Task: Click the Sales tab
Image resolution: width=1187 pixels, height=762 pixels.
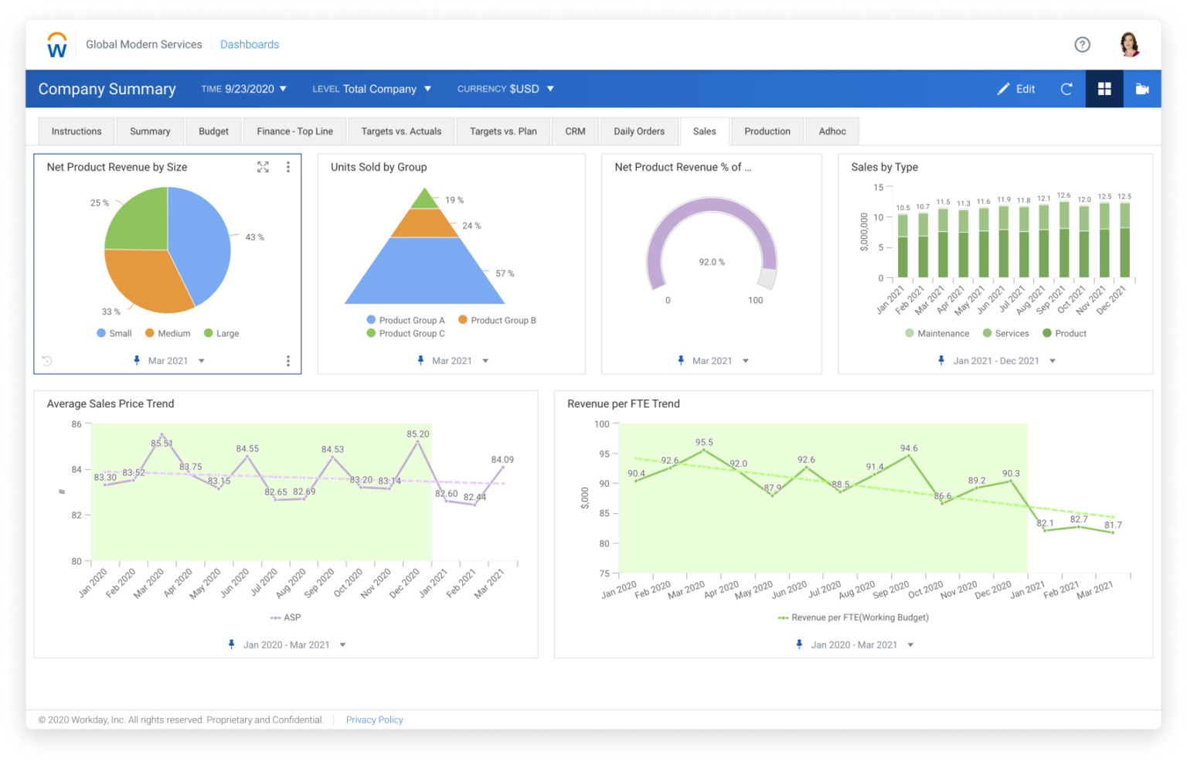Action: click(704, 131)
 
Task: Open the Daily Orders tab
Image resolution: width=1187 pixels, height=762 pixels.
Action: click(638, 131)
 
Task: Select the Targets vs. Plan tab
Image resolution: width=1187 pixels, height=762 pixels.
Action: click(502, 131)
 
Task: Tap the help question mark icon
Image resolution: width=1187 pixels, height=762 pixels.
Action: click(1082, 45)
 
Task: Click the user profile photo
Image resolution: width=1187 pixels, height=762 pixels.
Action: click(1129, 45)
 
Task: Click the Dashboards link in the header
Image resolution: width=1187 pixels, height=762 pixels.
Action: click(250, 45)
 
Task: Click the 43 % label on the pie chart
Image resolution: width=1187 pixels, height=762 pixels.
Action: click(254, 237)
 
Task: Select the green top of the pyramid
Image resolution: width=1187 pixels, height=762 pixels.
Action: click(425, 200)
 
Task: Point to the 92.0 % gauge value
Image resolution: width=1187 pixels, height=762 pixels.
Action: click(712, 263)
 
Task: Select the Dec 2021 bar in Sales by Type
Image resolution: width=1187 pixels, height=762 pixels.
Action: click(1124, 240)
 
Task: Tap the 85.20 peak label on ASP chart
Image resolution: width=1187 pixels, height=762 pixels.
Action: click(418, 434)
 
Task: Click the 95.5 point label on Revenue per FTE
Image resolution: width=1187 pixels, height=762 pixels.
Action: click(704, 443)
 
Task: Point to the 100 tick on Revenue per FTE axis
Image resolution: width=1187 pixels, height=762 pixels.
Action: click(601, 424)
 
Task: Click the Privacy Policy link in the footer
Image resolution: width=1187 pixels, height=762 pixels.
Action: click(374, 719)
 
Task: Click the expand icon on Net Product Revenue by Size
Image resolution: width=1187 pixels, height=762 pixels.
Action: click(263, 167)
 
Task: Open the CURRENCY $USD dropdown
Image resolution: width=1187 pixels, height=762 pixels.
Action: click(505, 89)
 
